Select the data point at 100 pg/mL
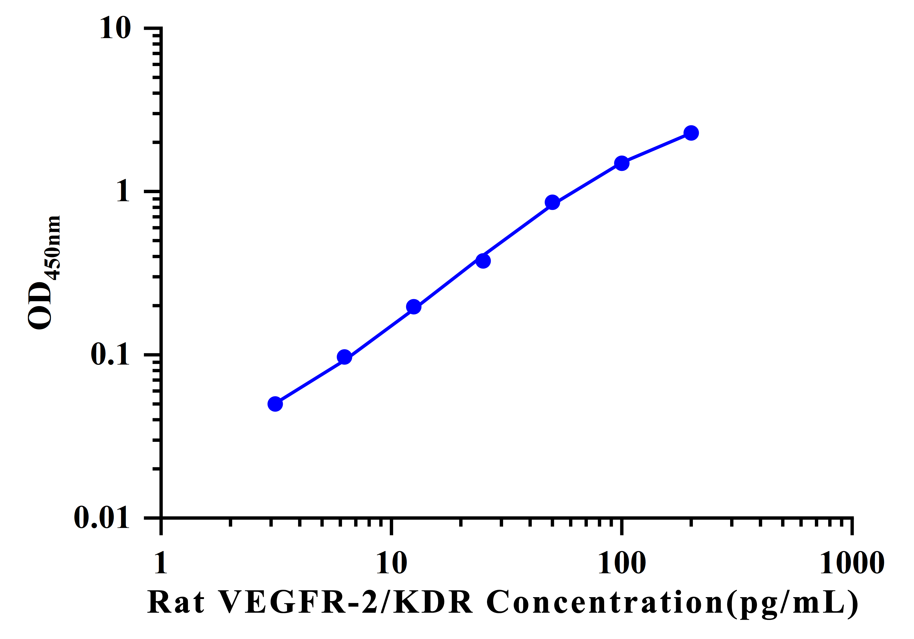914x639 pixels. tap(621, 163)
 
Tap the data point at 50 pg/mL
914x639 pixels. tap(552, 202)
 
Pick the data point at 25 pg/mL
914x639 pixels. tap(483, 261)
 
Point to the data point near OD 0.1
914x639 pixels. tap(344, 357)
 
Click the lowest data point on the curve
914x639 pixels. tap(275, 404)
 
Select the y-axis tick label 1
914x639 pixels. tap(123, 191)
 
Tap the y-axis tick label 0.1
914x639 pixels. tap(110, 354)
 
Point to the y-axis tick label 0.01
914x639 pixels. tap(102, 517)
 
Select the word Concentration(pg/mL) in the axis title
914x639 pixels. tap(672, 603)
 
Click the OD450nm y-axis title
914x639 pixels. tap(44, 273)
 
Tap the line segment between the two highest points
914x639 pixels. tap(656, 148)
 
